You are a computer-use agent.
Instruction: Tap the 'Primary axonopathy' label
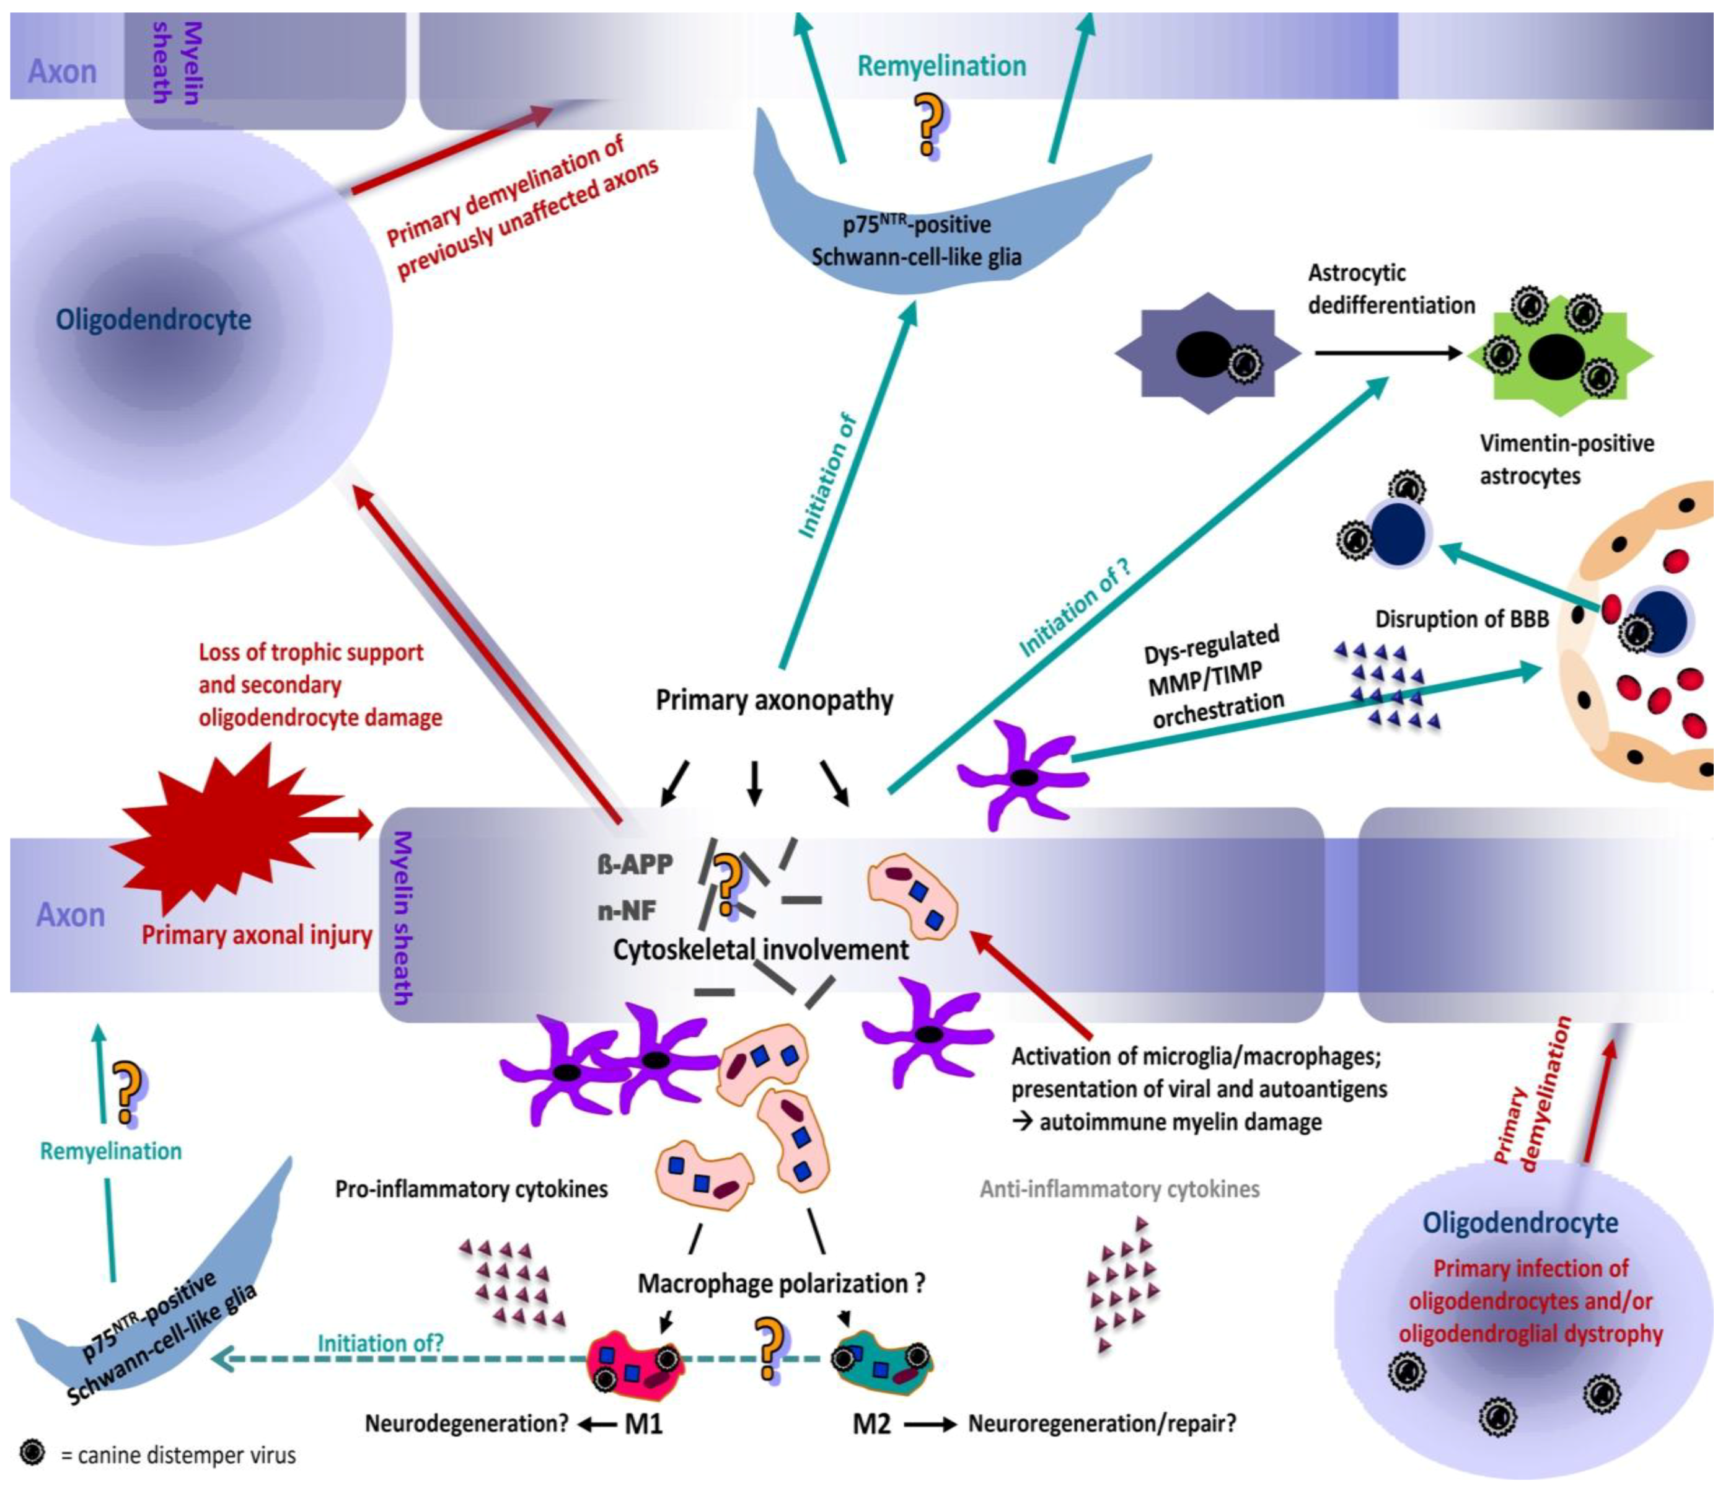(774, 700)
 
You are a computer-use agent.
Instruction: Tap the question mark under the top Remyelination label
(929, 125)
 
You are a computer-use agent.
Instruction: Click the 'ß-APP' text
(635, 864)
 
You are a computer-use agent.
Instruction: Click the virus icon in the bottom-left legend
(33, 1453)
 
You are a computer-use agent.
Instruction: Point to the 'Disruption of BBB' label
(1461, 618)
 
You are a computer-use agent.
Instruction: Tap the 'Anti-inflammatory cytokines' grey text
(1119, 1189)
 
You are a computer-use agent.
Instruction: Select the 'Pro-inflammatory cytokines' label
(472, 1189)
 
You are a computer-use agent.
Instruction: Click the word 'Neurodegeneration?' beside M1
(467, 1423)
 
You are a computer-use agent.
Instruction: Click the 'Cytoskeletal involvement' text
(760, 950)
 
